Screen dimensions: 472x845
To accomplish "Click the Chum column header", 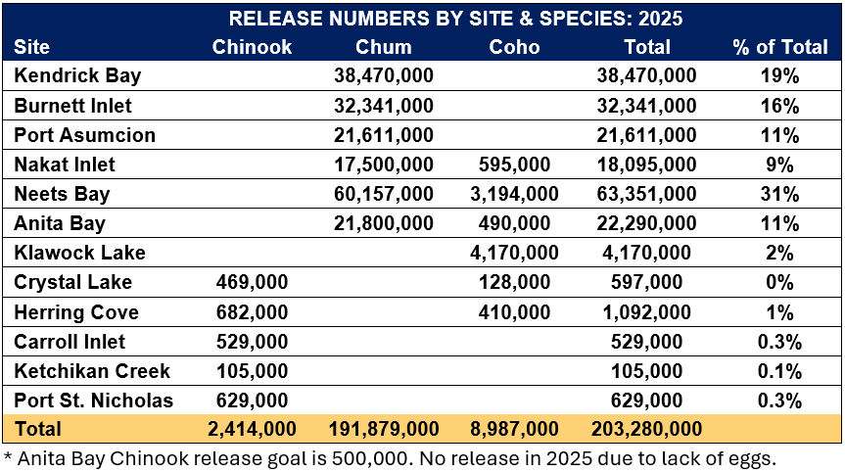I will [384, 47].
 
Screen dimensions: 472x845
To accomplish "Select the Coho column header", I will [514, 47].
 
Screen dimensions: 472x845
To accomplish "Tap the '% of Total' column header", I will [778, 47].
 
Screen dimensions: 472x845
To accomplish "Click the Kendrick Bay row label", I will [77, 75].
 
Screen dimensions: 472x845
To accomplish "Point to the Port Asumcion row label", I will [85, 135].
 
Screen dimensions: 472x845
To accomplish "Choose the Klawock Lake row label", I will [80, 253].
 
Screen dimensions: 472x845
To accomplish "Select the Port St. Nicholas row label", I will [94, 401].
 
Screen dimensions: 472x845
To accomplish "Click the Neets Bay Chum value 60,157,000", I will [384, 194].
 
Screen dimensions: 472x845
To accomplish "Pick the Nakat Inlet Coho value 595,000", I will [515, 165].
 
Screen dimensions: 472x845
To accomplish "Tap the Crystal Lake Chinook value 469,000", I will [253, 282].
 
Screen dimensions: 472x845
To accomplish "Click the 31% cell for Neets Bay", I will [779, 194].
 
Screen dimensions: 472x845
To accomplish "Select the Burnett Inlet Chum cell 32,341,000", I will [384, 105].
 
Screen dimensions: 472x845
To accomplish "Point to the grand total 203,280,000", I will [647, 430].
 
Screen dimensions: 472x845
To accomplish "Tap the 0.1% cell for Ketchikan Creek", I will [779, 371].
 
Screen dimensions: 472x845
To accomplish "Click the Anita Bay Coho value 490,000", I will [515, 223].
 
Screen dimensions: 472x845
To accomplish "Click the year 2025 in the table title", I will [660, 19].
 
